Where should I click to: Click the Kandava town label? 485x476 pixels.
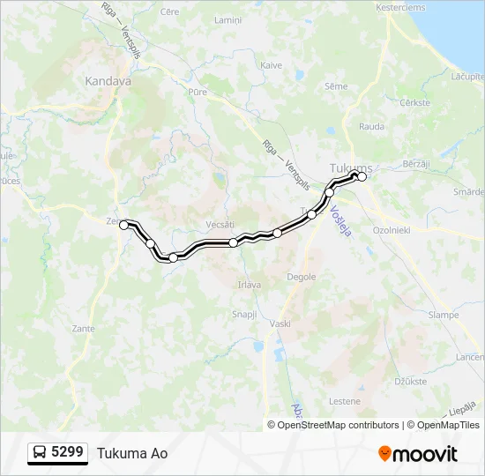[108, 81]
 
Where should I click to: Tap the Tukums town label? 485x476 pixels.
[350, 167]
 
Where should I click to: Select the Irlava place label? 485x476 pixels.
[249, 285]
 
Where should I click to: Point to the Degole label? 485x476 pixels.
[301, 277]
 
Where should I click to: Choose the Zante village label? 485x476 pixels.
[85, 328]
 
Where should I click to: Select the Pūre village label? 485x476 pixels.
[197, 90]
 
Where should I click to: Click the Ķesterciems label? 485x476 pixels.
[401, 7]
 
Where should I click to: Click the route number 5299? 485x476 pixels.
[68, 452]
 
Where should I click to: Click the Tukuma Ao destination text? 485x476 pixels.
[132, 453]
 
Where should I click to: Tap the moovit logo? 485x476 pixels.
[418, 454]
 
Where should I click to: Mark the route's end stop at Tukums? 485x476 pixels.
[362, 177]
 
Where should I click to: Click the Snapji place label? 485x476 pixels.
[243, 314]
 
